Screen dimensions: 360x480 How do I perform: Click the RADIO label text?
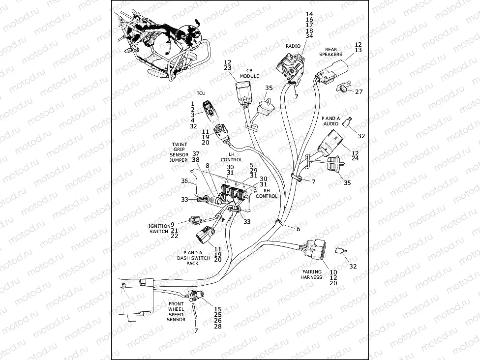(x=293, y=46)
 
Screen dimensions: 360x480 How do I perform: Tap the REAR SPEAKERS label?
(x=337, y=52)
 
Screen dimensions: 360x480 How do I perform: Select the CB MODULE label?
(x=249, y=73)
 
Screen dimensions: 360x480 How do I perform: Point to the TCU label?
(x=201, y=93)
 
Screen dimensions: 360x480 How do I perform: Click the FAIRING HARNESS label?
(x=311, y=274)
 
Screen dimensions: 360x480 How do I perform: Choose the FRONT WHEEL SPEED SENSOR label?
(x=176, y=312)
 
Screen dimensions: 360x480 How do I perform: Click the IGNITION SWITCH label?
(x=159, y=228)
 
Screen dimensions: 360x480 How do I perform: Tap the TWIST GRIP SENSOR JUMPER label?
(x=179, y=152)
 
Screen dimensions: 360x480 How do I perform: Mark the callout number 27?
(x=359, y=91)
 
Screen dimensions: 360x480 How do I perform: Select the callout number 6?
(x=298, y=229)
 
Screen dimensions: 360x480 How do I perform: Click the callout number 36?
(x=184, y=181)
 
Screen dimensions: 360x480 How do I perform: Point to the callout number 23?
(x=227, y=68)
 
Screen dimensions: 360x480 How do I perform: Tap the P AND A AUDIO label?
(x=330, y=121)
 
